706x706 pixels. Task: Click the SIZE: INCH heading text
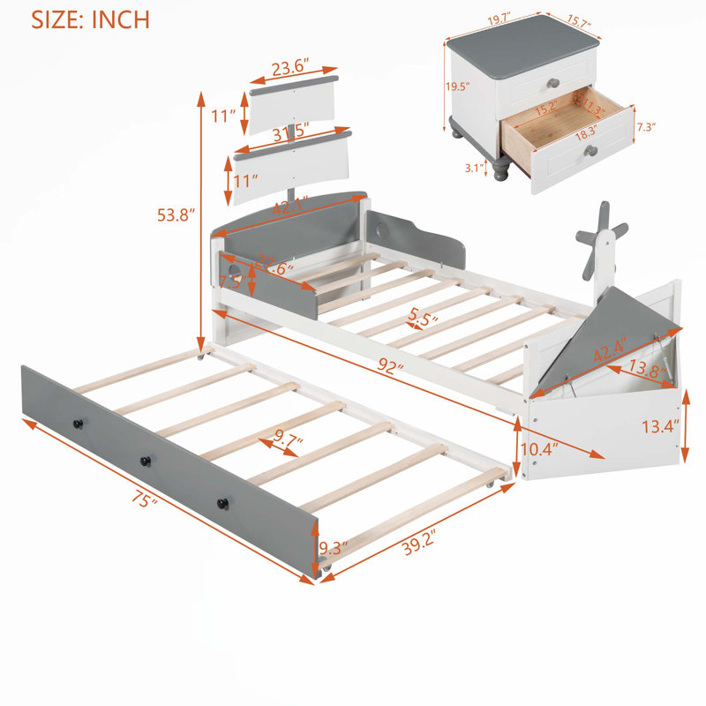(90, 19)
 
